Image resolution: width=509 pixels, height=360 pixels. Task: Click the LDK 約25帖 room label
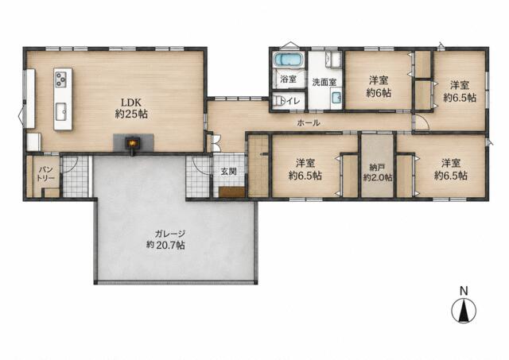tap(131, 108)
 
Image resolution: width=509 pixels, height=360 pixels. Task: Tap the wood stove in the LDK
tap(133, 143)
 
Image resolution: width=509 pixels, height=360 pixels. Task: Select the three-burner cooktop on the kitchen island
tap(60, 79)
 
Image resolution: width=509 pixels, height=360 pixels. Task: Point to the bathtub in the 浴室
tap(289, 60)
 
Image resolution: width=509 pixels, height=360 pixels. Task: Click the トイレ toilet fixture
tap(278, 101)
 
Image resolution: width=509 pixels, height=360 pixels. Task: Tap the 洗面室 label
tap(324, 83)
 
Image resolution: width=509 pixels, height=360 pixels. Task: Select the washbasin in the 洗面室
tap(336, 98)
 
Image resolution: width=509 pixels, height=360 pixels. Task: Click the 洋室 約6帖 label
tap(379, 87)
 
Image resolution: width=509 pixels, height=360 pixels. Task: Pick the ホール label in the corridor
tap(309, 123)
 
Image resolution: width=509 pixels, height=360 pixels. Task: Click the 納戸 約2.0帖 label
tap(378, 172)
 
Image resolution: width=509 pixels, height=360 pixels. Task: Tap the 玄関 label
tap(228, 172)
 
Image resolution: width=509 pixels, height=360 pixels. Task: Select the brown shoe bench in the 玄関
tap(231, 192)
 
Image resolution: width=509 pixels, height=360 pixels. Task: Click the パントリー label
tap(45, 174)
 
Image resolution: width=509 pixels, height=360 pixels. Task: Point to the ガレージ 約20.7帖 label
tap(165, 239)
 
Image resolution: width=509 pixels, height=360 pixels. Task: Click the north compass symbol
tap(464, 311)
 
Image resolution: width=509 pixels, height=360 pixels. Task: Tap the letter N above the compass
tap(464, 291)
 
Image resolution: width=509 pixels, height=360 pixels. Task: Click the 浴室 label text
tap(288, 79)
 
